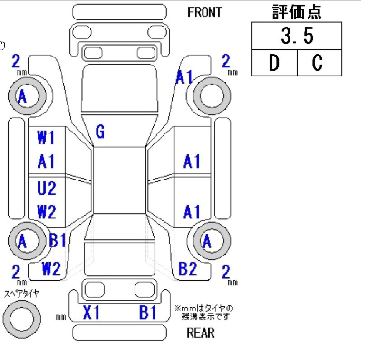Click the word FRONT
tap(204, 12)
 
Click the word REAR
tap(200, 332)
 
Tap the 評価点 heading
tap(297, 12)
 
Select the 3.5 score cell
tap(297, 36)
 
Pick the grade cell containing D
tap(274, 63)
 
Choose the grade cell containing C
tap(319, 63)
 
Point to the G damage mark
tap(100, 132)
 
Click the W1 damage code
tap(46, 138)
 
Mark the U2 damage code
tap(46, 189)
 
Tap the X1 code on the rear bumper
tap(91, 313)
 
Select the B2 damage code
tap(188, 269)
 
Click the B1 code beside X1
tap(148, 313)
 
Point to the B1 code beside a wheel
tap(58, 241)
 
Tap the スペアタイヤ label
tap(21, 294)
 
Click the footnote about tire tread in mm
tap(203, 312)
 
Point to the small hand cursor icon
tap(2, 45)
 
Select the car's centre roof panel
tap(119, 180)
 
